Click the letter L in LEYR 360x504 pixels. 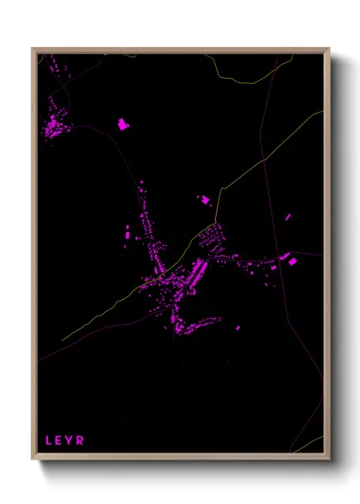click(49, 441)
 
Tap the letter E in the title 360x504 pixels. click(60, 441)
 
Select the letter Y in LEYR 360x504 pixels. click(70, 441)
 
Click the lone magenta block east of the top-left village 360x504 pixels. click(123, 124)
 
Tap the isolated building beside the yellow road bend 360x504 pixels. click(206, 200)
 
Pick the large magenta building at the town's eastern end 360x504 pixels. click(291, 260)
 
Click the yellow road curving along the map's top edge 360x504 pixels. click(249, 79)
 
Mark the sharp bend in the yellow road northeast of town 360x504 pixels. click(221, 189)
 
